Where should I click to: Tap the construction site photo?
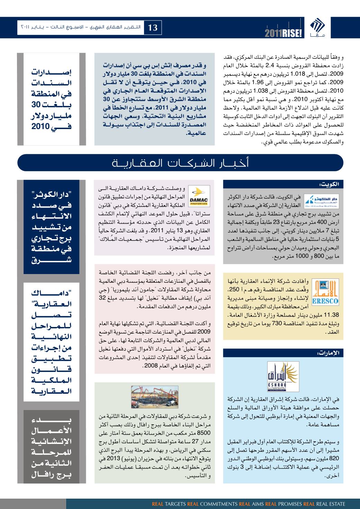[x=154, y=396]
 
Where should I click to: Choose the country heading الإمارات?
[x=328, y=353]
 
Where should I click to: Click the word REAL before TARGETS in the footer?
[x=158, y=504]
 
